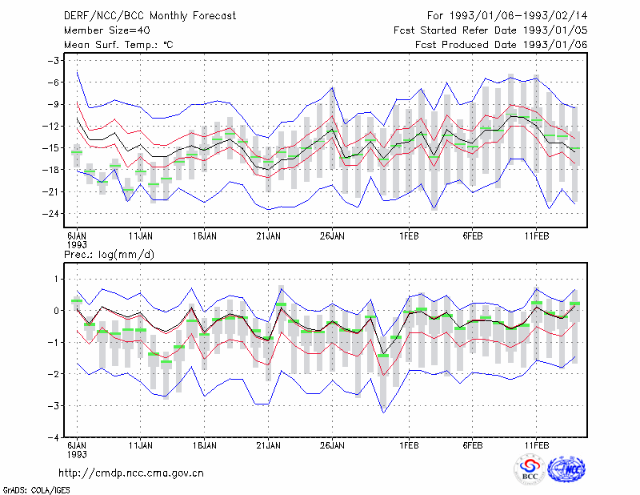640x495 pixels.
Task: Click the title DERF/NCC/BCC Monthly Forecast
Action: pos(150,16)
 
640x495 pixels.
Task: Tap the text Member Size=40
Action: pos(107,30)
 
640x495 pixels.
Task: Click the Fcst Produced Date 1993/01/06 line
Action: pos(502,45)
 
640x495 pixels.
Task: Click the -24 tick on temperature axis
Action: pos(50,214)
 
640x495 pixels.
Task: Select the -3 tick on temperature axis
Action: pos(53,61)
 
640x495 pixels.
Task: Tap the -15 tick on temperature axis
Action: pos(50,148)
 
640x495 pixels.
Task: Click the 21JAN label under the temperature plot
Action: pos(268,236)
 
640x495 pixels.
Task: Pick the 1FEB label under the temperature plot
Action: pos(409,236)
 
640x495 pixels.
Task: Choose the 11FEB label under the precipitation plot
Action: pos(536,445)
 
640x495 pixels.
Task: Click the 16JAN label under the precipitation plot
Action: pos(205,445)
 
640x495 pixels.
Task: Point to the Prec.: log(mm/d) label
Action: pos(109,255)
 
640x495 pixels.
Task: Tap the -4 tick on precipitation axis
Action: pos(54,438)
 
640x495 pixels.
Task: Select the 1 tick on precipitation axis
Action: pos(57,280)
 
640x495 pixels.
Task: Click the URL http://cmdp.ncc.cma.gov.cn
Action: pos(131,473)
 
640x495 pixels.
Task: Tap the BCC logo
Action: pos(530,469)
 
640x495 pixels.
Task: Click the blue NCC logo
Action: pos(566,469)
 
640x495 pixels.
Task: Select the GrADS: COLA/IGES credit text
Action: pos(37,490)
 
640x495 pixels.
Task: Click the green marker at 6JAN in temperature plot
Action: pos(77,152)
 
